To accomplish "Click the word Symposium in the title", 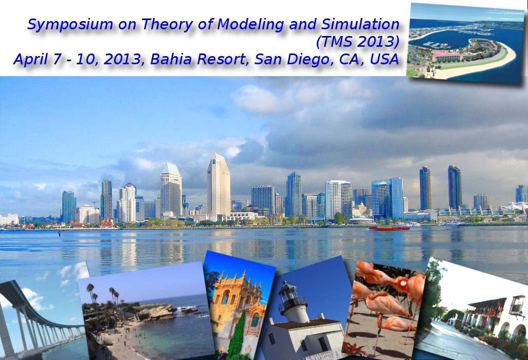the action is pyautogui.click(x=70, y=25).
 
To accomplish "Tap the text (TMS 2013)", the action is pyautogui.click(x=358, y=42).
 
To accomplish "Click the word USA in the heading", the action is pyautogui.click(x=384, y=59).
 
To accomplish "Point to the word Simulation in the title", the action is pyautogui.click(x=360, y=24).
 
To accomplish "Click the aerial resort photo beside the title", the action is pyautogui.click(x=465, y=43).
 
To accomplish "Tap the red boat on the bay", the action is pyautogui.click(x=389, y=228).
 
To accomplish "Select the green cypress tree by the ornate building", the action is pyautogui.click(x=237, y=337).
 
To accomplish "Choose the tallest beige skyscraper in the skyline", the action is pyautogui.click(x=219, y=186).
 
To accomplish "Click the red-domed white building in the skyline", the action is pyautogui.click(x=126, y=203).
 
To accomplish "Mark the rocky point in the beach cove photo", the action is pyautogui.click(x=158, y=312).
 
